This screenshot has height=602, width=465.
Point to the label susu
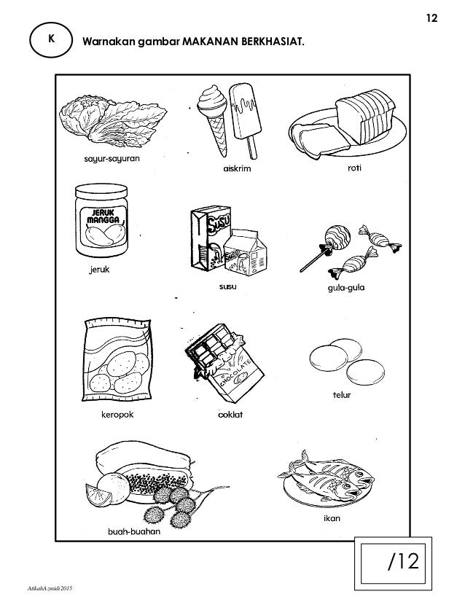pos(227,286)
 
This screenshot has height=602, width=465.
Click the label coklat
pos(229,415)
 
